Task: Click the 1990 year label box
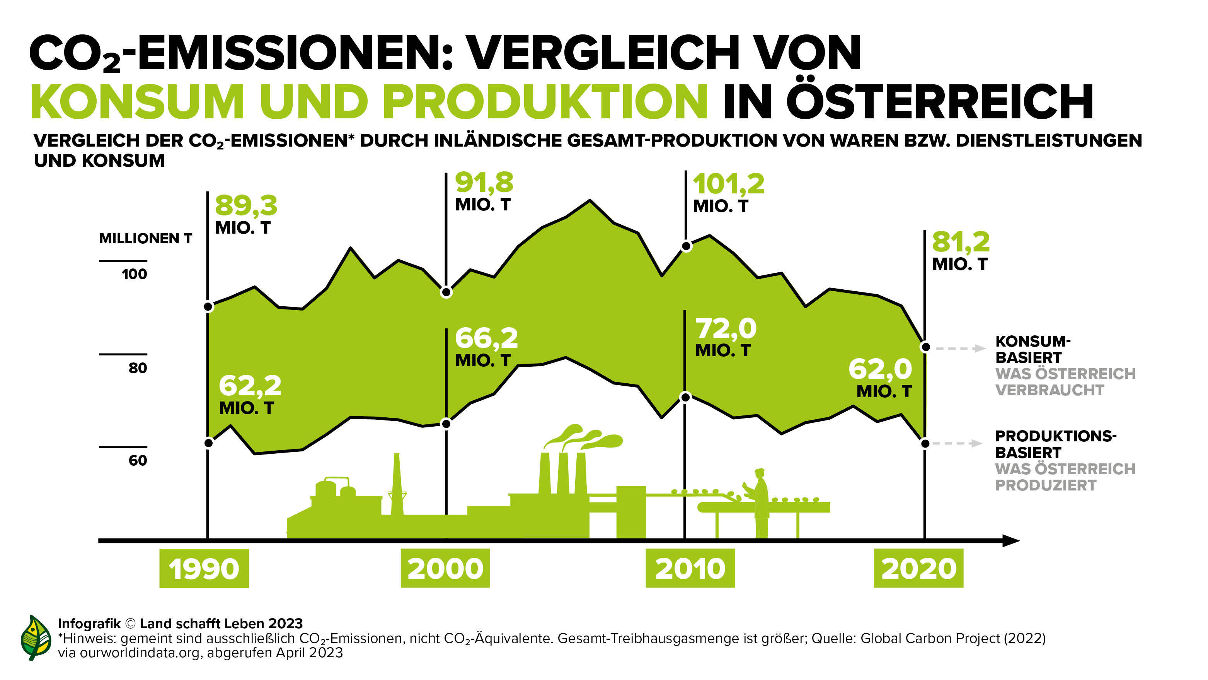(204, 568)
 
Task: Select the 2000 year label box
(445, 568)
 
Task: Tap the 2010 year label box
(690, 568)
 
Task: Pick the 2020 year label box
(918, 568)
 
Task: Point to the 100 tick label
(134, 274)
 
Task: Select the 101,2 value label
(728, 184)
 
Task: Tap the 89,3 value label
(246, 205)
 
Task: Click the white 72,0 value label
(726, 328)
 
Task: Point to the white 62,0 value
(880, 369)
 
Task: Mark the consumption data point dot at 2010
(686, 246)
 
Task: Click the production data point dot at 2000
(446, 424)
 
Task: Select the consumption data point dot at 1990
(209, 307)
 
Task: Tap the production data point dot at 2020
(925, 444)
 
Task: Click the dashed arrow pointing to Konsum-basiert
(959, 348)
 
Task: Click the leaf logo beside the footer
(36, 637)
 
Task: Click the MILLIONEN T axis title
(145, 238)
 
